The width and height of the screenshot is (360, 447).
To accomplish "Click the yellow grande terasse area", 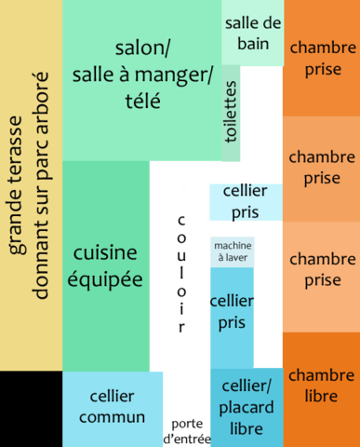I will tap(31, 186).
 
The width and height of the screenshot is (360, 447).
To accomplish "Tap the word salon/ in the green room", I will tap(144, 48).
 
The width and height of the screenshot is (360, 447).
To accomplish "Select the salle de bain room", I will tap(251, 34).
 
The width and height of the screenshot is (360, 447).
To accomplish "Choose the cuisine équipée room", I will tap(105, 265).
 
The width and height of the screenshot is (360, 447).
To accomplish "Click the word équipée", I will tap(105, 278).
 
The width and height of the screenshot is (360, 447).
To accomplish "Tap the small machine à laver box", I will tap(232, 251).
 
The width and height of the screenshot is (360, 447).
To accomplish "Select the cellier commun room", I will tap(112, 408).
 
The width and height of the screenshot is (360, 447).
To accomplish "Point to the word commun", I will tap(112, 418).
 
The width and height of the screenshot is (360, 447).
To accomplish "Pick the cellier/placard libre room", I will tap(246, 408).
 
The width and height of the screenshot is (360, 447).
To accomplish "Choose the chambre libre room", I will tap(321, 386).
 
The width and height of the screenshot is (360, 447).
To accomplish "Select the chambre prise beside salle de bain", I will tap(321, 58).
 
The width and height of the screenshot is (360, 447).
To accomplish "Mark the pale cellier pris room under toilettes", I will tap(245, 201).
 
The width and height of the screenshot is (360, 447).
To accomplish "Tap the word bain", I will tap(252, 44).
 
